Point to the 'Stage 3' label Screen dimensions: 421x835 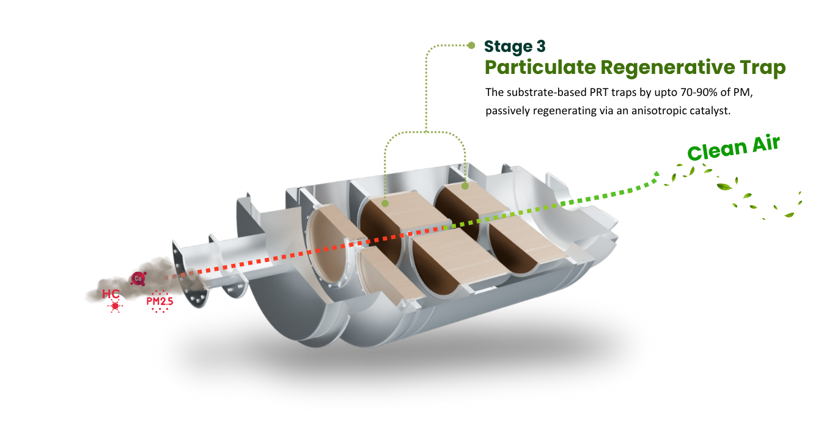(515, 46)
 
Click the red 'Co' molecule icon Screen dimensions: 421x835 (138, 278)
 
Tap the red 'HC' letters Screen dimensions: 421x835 (111, 293)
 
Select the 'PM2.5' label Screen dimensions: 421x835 (160, 301)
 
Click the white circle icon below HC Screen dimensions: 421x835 (115, 306)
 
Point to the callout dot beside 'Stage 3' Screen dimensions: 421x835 (471, 45)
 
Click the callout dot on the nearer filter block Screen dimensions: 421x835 (385, 202)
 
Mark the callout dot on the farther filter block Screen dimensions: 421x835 (465, 186)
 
